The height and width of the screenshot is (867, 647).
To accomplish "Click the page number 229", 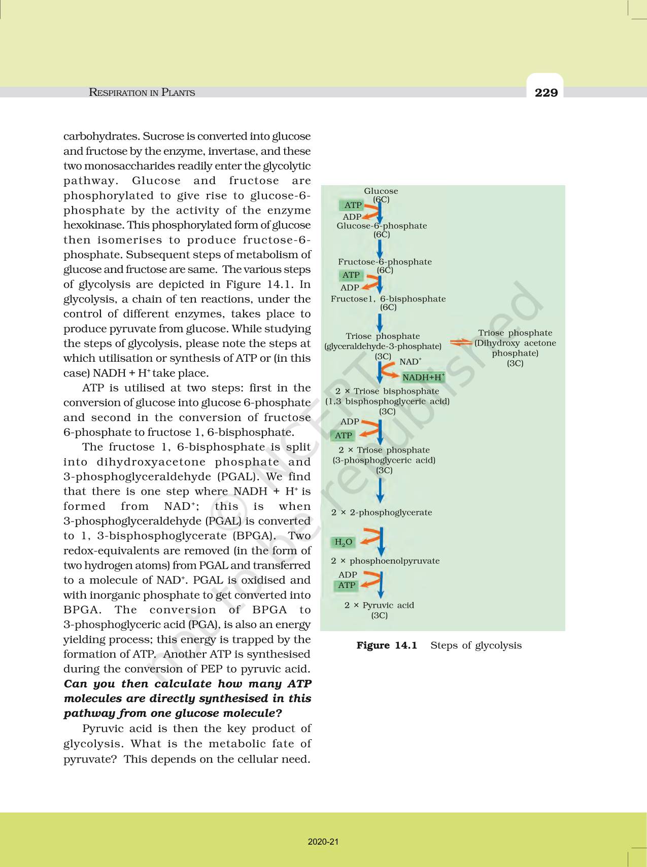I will pos(546,92).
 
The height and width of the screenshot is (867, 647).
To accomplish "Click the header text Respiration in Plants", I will pos(142,92).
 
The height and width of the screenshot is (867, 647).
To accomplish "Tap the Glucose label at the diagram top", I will pos(381,191).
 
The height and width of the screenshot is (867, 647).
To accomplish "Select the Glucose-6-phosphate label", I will pos(382,226).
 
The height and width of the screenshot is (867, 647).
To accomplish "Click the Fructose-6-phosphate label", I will pos(385,262).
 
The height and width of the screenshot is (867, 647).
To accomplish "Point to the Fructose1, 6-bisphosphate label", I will pos(388,299).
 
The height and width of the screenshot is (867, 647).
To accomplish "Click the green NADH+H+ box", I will pos(423,377).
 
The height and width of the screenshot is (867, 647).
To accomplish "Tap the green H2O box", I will pos(344,542).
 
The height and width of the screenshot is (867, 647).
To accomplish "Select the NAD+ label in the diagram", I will pos(410,362).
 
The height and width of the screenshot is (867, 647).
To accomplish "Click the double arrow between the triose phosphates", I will pos(461,342).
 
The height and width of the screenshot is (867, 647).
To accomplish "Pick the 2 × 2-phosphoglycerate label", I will pos(382,512).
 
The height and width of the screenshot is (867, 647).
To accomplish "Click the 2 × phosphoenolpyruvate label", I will pos(385,561).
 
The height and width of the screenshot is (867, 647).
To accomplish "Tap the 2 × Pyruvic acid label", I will pos(379,605).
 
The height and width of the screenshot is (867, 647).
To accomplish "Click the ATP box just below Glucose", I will pos(353,205).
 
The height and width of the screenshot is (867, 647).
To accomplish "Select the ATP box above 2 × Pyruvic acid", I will pos(347,585).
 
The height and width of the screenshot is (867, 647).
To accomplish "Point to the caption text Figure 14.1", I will pos(387,645).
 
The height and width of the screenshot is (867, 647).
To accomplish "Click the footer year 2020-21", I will pos(323,842).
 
